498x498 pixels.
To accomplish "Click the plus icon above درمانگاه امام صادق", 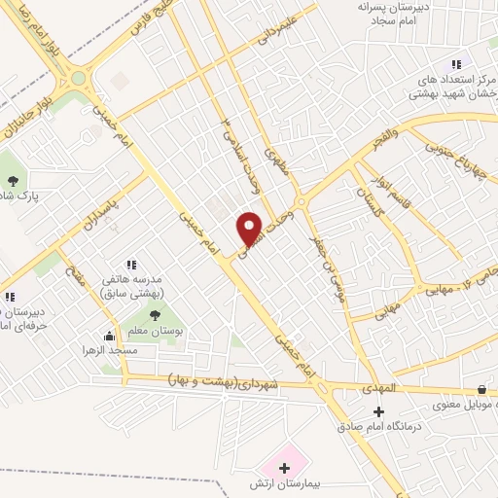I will pyautogui.click(x=378, y=411).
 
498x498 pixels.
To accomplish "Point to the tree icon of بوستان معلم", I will pyautogui.click(x=155, y=314).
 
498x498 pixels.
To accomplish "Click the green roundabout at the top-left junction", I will pyautogui.click(x=78, y=78).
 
